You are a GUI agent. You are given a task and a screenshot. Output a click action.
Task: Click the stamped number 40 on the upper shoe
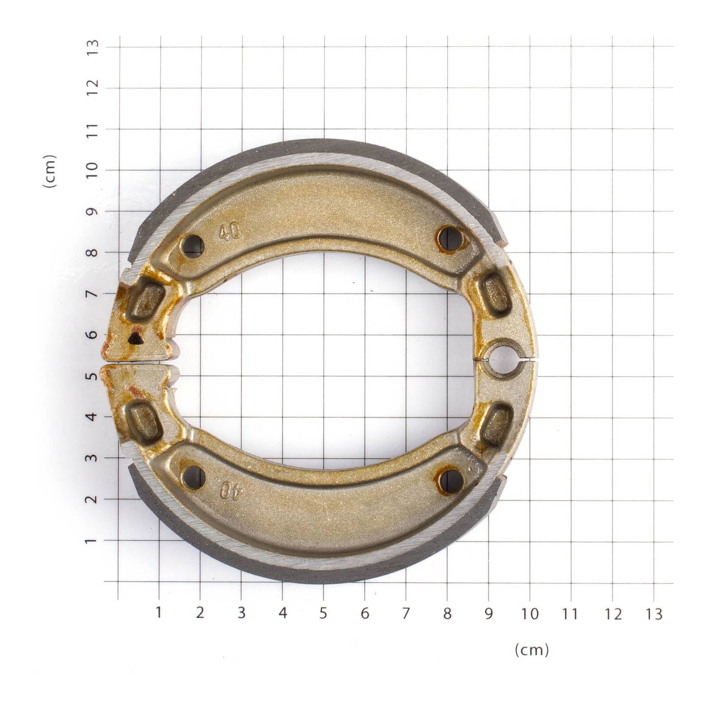230,231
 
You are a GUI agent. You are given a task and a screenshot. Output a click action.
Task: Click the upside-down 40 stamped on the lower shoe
231,491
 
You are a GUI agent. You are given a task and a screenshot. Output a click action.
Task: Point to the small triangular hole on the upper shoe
134,339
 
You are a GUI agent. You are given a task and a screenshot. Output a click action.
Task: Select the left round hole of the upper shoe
193,246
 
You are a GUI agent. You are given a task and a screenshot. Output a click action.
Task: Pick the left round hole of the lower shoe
194,477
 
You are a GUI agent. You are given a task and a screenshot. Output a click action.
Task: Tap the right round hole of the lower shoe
452,481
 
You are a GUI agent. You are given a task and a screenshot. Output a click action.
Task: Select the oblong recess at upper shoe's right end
496,293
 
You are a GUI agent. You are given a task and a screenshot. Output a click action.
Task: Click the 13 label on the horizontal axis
653,614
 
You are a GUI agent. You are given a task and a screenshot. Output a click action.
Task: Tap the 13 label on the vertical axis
92,47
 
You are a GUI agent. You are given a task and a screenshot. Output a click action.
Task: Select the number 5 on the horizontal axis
323,613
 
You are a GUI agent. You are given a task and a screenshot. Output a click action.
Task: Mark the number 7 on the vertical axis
92,294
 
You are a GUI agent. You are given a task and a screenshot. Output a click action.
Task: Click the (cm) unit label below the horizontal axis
531,650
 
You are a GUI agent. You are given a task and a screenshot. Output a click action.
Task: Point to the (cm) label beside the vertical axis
50,171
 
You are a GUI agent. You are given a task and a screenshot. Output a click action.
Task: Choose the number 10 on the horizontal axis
530,614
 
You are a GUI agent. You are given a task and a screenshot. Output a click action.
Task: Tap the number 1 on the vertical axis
92,541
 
